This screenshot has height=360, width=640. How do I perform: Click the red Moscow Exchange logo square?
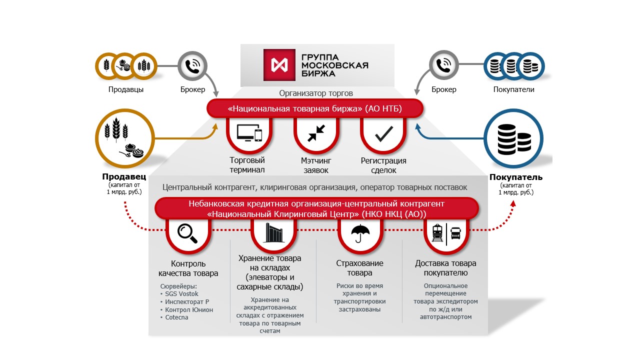pyautogui.click(x=279, y=65)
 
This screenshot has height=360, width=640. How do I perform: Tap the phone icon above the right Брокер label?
pyautogui.click(x=443, y=65)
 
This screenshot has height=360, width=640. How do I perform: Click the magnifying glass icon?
pyautogui.click(x=187, y=233)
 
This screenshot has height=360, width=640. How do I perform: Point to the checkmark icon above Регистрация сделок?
pyautogui.click(x=384, y=134)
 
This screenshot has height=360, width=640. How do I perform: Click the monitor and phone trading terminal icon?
pyautogui.click(x=249, y=133)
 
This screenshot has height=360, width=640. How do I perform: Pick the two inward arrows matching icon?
pyautogui.click(x=316, y=133)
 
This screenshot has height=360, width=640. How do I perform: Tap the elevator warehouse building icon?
pyautogui.click(x=273, y=233)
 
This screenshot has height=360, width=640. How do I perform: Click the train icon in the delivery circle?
pyautogui.click(x=437, y=233)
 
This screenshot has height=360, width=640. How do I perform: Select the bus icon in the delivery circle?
pyautogui.click(x=455, y=233)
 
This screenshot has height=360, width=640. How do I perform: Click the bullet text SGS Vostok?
pyautogui.click(x=181, y=293)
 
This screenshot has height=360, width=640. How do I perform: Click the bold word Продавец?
pyautogui.click(x=124, y=176)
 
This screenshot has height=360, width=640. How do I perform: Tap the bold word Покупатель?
pyautogui.click(x=515, y=177)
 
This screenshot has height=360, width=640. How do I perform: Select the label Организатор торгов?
pyautogui.click(x=315, y=93)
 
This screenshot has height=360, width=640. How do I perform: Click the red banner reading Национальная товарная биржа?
pyautogui.click(x=315, y=108)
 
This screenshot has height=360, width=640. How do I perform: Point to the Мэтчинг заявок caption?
pyautogui.click(x=316, y=165)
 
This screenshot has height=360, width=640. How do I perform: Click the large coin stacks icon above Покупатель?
pyautogui.click(x=514, y=139)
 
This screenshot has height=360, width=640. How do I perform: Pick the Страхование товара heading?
pyautogui.click(x=359, y=267)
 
